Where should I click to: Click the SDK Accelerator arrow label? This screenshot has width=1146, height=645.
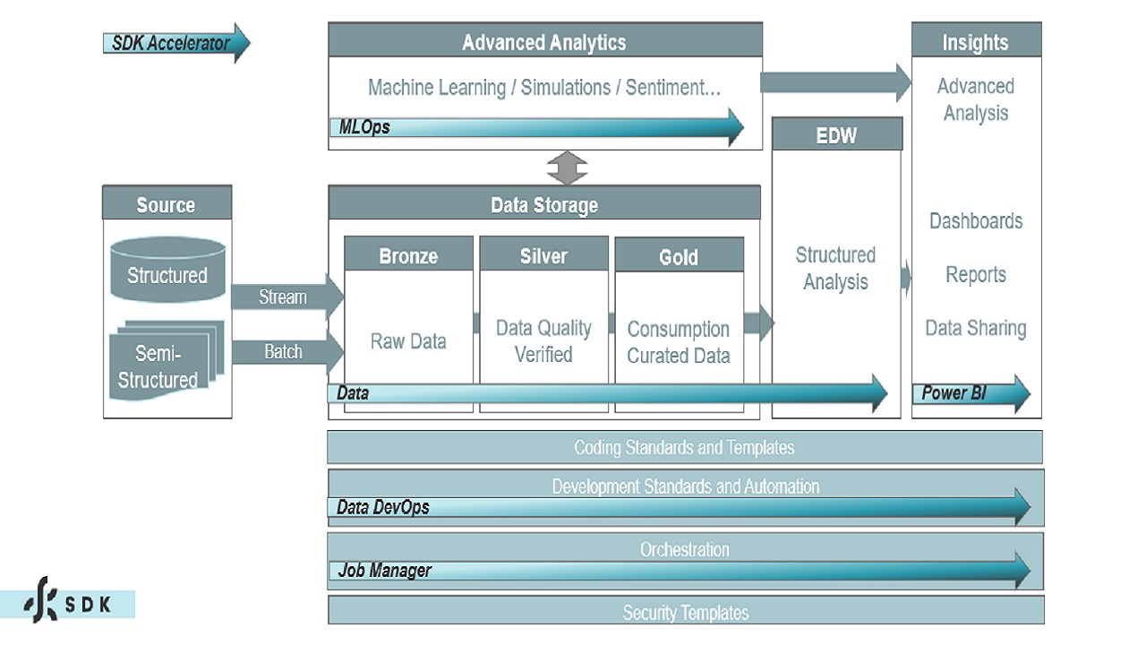coord(170,43)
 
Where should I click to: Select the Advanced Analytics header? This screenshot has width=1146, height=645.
coord(544,42)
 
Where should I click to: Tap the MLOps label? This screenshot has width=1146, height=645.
coord(364,127)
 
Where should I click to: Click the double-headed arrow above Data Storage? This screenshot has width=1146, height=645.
coord(568,168)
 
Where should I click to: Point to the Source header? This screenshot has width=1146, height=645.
coord(167,204)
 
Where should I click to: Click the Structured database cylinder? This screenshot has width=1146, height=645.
coord(167,270)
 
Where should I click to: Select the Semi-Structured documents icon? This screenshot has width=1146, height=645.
coord(161,358)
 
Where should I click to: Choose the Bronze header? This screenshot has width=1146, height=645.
coord(408,256)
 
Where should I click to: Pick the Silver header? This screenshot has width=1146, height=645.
coord(543,256)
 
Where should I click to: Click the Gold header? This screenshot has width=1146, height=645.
coord(679,257)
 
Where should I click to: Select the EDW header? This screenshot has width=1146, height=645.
coord(836,135)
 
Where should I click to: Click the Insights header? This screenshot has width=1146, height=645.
coord(975,42)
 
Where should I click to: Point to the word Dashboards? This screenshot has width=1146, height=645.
coord(976,221)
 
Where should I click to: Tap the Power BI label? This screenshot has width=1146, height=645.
coord(954,393)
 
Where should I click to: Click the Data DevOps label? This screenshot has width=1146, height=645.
coord(383,508)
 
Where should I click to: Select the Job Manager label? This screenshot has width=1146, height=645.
coord(385,571)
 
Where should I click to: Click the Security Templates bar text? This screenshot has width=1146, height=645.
coord(685,613)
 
